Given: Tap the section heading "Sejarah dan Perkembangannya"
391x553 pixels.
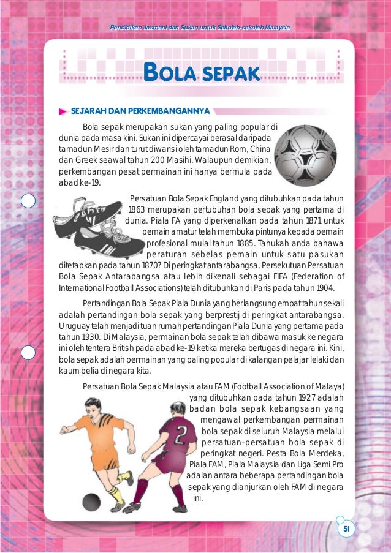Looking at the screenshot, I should coord(140,111).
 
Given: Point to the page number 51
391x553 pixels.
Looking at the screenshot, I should coord(345,529).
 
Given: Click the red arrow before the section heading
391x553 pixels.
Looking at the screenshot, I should coord(63,111).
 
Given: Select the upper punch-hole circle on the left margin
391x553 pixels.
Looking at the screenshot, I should coord(28,200).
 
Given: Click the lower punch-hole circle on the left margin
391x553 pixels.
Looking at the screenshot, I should coord(28,353).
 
